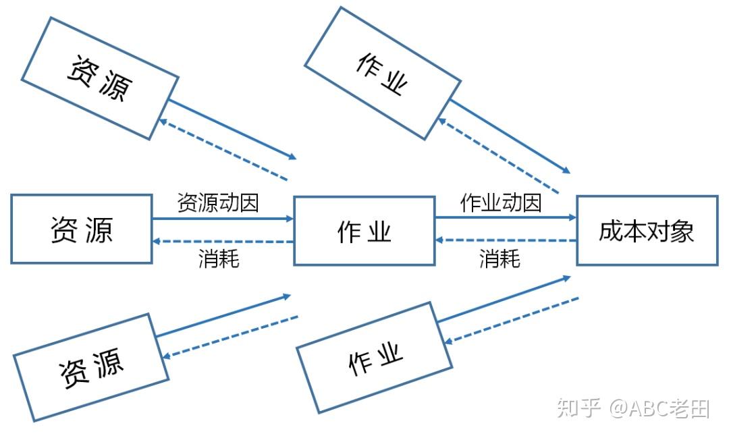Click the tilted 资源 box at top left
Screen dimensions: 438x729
pos(100,78)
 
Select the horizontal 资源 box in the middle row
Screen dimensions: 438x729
pos(81,229)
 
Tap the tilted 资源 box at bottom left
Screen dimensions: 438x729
pos(91,367)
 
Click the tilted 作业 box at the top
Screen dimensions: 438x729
pos(382,73)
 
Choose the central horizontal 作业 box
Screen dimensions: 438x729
pos(364,231)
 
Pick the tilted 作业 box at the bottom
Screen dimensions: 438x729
pos(375,357)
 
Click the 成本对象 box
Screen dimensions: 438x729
pos(647,231)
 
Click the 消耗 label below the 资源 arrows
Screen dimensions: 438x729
pos(219,258)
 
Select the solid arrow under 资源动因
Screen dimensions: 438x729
pos(223,219)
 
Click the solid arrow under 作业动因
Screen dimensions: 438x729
pos(505,218)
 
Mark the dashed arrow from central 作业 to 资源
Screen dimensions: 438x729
pos(223,241)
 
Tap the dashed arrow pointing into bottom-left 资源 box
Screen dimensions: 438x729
pos(230,336)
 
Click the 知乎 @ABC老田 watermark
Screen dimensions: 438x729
pos(632,408)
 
